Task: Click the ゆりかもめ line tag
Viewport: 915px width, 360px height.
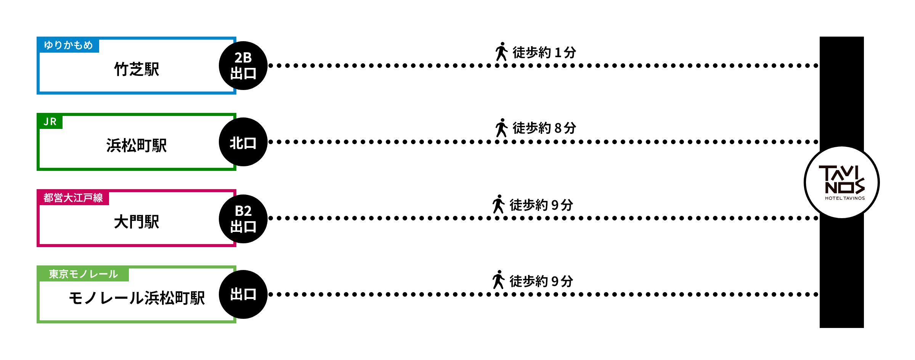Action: tap(68, 45)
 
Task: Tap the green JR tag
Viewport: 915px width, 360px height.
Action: tap(50, 121)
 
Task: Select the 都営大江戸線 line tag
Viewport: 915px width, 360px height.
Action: tap(73, 198)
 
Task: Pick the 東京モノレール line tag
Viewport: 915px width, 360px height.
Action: tap(83, 274)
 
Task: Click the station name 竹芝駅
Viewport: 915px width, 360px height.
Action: tap(136, 69)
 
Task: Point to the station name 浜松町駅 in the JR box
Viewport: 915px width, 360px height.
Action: tap(136, 146)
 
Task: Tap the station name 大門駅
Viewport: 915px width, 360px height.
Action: tap(136, 222)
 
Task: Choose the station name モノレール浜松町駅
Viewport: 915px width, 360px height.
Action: tap(136, 298)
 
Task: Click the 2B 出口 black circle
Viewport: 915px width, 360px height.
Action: tap(243, 66)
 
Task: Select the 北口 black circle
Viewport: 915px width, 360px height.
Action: tap(243, 142)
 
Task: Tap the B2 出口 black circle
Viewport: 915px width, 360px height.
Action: tap(243, 219)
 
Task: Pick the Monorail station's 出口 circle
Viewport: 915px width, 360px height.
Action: tap(243, 294)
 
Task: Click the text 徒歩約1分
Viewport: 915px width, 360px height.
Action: tap(544, 52)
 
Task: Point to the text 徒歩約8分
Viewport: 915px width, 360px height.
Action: tap(544, 128)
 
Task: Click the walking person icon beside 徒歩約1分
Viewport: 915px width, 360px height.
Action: tap(501, 51)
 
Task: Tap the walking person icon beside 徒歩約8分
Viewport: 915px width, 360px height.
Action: tap(501, 128)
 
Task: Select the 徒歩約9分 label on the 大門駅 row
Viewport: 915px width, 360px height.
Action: tap(541, 205)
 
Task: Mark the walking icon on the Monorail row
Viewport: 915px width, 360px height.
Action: tap(498, 280)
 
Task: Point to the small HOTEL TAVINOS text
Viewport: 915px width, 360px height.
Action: tap(845, 198)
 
